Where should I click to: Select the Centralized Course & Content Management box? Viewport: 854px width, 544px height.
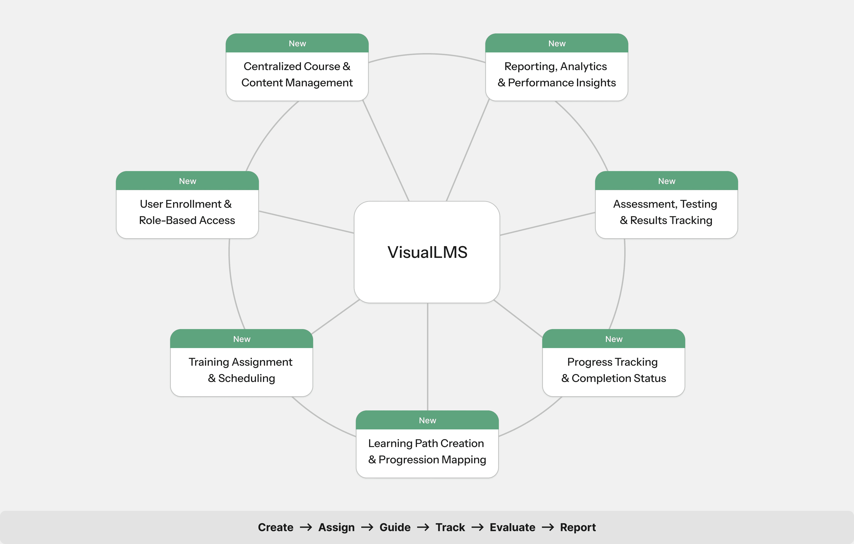(297, 75)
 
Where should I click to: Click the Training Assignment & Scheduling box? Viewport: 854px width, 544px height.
(241, 370)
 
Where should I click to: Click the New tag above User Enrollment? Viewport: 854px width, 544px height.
(187, 181)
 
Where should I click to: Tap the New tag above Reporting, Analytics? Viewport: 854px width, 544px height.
(557, 43)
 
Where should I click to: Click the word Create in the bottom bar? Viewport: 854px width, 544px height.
(276, 527)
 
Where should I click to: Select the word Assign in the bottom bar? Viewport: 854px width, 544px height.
(336, 527)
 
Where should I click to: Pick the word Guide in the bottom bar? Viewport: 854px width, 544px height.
(395, 527)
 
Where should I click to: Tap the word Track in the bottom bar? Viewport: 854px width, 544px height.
(450, 527)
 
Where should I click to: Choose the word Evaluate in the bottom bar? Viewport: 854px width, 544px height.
(512, 527)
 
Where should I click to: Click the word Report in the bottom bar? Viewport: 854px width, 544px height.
(578, 527)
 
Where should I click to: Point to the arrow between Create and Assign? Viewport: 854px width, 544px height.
(306, 527)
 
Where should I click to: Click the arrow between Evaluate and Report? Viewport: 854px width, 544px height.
(548, 527)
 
